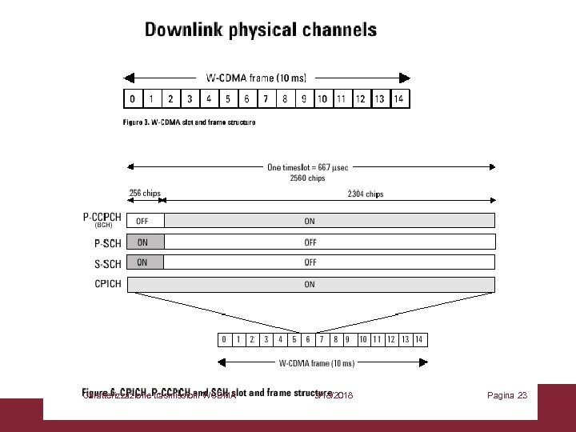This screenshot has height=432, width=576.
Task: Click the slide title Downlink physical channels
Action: [x=260, y=31]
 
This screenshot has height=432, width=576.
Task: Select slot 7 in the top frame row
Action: [x=265, y=99]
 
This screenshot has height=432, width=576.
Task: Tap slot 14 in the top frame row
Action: [x=398, y=99]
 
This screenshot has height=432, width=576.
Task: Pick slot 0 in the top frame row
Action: [x=131, y=99]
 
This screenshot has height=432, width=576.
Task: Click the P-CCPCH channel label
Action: [x=102, y=217]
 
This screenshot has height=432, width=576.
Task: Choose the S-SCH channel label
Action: [x=107, y=263]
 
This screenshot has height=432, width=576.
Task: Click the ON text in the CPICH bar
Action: [x=310, y=284]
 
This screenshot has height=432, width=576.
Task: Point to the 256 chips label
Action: [x=145, y=193]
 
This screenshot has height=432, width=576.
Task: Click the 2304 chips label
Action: [x=366, y=194]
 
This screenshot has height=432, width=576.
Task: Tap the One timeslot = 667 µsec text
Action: [x=308, y=167]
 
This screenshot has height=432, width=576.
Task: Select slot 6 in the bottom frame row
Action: [x=307, y=339]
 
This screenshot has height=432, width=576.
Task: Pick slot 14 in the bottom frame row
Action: [x=418, y=339]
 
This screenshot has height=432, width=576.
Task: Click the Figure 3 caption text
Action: [x=189, y=122]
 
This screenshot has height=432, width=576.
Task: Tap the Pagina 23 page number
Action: [x=507, y=395]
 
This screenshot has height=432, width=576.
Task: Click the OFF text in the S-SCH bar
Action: [x=310, y=262]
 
